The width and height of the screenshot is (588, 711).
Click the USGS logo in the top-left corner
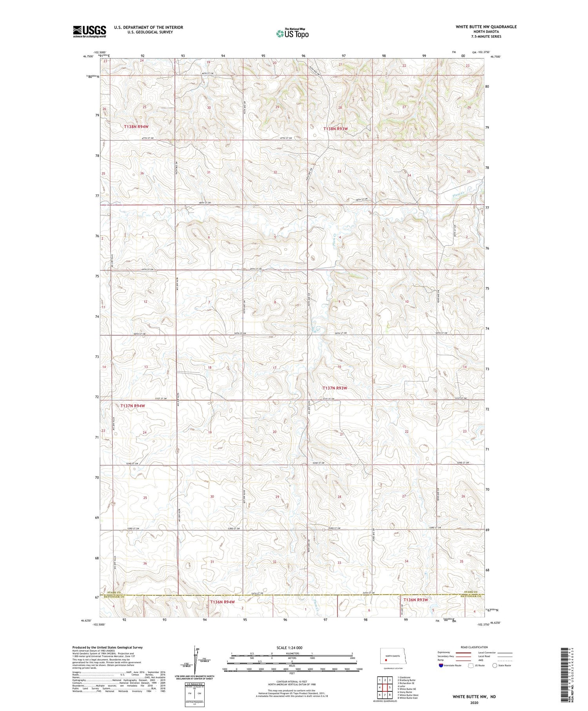click(89, 31)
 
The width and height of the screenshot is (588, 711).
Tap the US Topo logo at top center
click(292, 33)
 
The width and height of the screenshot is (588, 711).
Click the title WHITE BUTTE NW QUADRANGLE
click(486, 27)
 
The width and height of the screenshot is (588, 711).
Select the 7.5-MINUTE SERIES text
click(486, 36)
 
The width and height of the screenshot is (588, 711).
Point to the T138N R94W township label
click(136, 127)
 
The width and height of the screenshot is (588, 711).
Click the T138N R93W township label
click(336, 129)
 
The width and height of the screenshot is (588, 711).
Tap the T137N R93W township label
click(335, 388)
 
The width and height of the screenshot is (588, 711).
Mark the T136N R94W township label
click(222, 602)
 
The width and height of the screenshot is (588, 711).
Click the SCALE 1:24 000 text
click(292, 647)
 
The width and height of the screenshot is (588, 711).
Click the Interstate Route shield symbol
click(441, 666)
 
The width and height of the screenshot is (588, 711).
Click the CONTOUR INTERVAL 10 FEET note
click(292, 682)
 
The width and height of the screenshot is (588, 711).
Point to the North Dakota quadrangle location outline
click(392, 656)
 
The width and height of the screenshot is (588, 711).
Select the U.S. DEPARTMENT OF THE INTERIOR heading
click(149, 27)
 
